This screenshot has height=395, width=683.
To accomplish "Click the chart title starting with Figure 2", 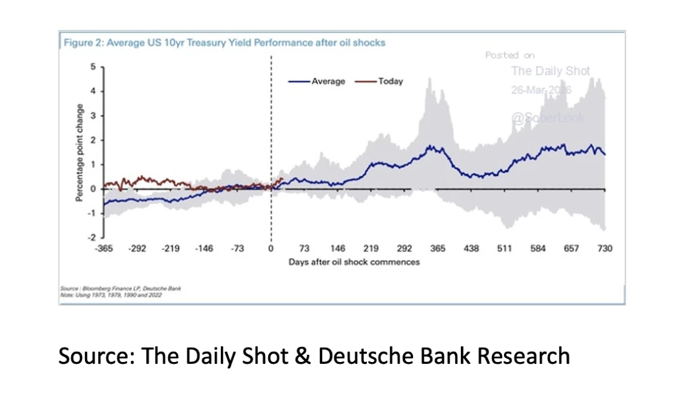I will pyautogui.click(x=224, y=43).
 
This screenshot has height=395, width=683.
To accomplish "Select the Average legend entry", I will pyautogui.click(x=317, y=81).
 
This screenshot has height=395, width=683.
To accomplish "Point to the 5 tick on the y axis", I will pyautogui.click(x=93, y=67).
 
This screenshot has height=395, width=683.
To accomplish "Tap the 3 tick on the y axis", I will pyautogui.click(x=93, y=116).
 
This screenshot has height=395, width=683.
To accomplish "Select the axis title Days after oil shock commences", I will pyautogui.click(x=354, y=262).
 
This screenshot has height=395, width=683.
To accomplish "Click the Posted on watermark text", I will pyautogui.click(x=510, y=55).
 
